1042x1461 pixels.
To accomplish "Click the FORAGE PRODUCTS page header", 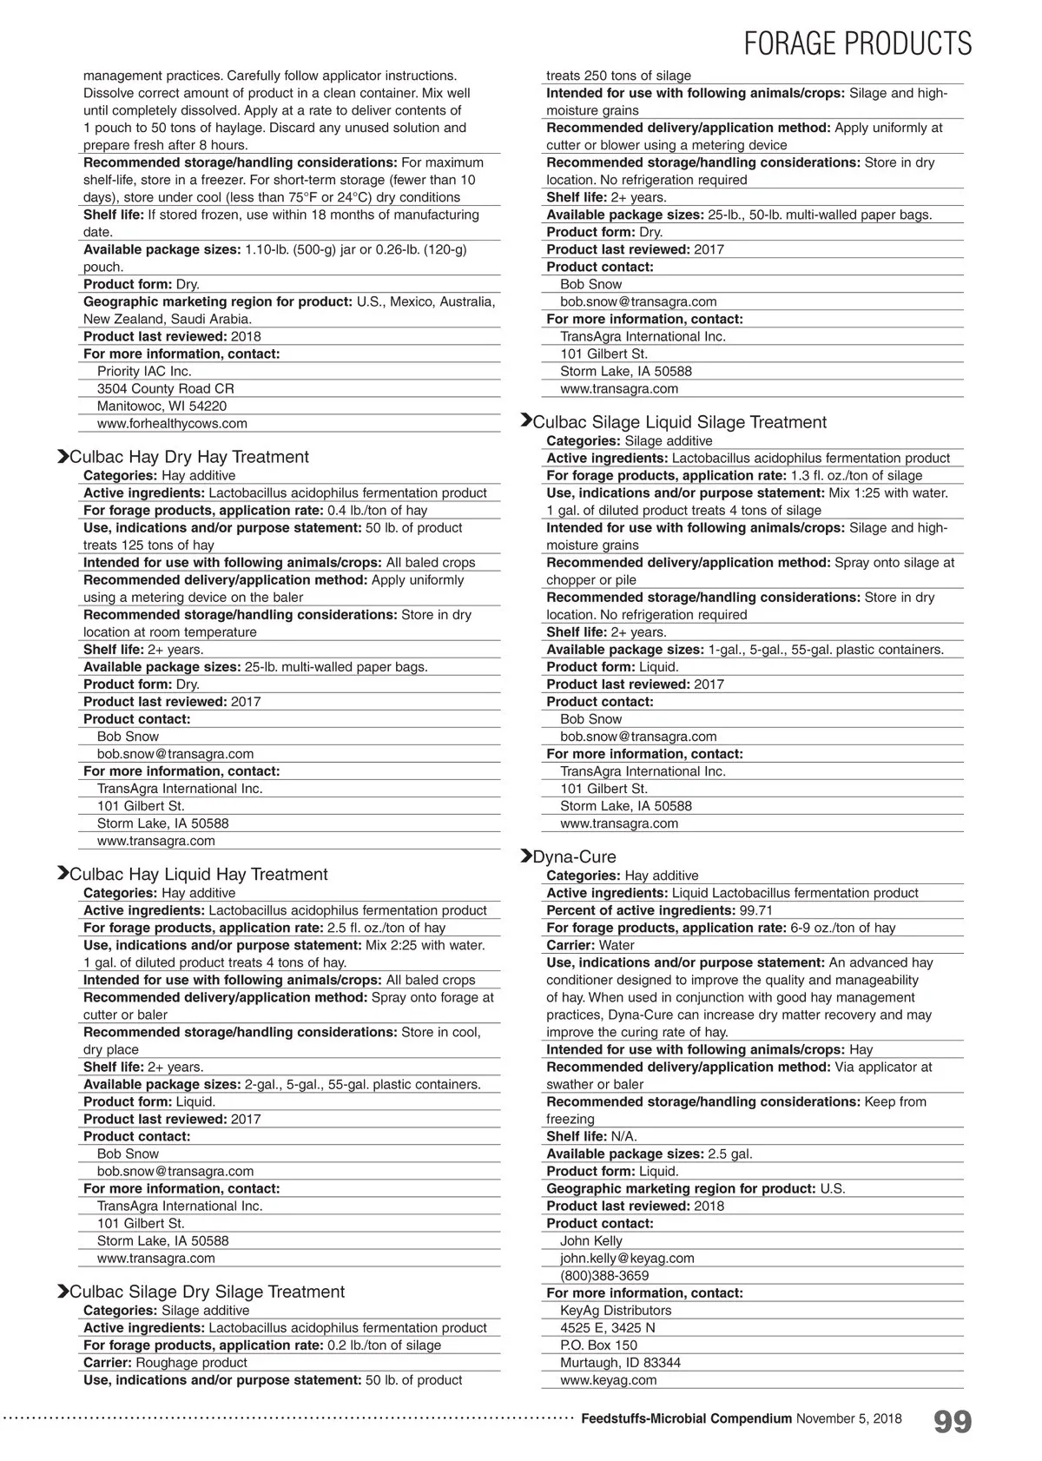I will click(x=858, y=43).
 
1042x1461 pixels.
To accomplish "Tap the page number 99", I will click(x=953, y=1422).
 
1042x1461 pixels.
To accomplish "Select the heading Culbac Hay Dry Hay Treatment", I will click(x=188, y=457).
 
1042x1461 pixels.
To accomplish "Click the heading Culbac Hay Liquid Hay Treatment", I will click(x=198, y=874).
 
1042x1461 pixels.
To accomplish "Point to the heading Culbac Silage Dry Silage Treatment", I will click(x=207, y=1292).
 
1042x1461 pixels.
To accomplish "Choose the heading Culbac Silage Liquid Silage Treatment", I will click(x=679, y=422).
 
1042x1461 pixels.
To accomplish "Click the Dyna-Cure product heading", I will click(x=574, y=856).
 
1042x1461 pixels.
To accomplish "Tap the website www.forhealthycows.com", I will click(x=172, y=423).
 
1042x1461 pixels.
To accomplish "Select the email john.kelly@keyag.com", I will click(x=627, y=1258).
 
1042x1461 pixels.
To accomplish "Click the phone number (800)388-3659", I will click(x=604, y=1275).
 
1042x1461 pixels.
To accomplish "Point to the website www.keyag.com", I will click(x=608, y=1379).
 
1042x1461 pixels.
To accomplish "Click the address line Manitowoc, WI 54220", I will click(x=162, y=406).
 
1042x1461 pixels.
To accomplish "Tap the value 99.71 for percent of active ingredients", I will click(x=755, y=910).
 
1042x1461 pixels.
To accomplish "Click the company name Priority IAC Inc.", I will click(x=144, y=371).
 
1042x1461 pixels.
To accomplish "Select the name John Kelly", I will click(x=590, y=1240).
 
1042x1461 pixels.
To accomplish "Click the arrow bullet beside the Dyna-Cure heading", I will click(x=525, y=856).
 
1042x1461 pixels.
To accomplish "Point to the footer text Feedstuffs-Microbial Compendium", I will click(x=686, y=1418).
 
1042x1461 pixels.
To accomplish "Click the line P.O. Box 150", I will click(x=598, y=1345).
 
